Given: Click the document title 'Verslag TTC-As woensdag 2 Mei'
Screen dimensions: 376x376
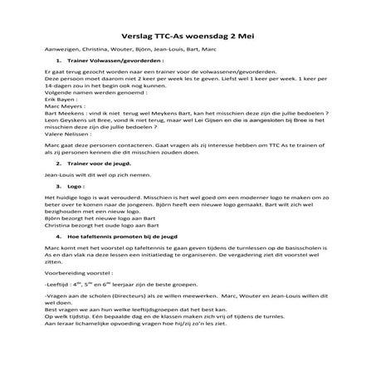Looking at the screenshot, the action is pyautogui.click(x=188, y=37).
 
